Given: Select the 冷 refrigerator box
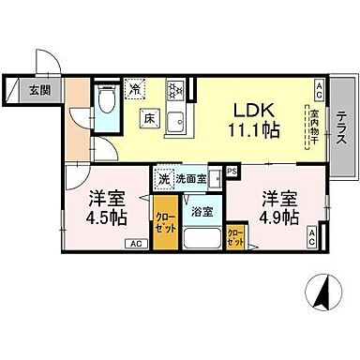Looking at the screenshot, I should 137,90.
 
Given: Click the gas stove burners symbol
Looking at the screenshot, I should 173,90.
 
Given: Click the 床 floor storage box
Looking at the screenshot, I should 149,119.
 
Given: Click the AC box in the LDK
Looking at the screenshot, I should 319,91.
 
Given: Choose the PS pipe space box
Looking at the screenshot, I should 231,171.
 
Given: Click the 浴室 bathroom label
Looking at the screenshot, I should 200,210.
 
